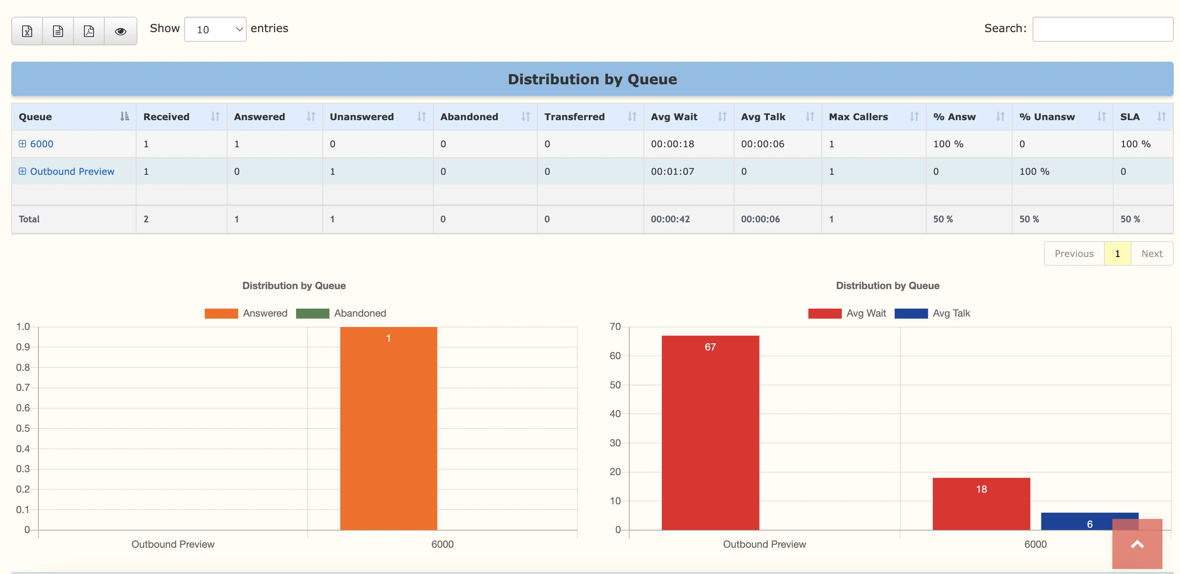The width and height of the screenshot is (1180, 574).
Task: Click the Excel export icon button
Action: (x=27, y=31)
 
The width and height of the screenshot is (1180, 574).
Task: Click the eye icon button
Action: (x=121, y=31)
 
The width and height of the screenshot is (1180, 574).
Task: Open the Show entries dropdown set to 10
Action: (x=215, y=29)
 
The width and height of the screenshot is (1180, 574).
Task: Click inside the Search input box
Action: (x=1102, y=29)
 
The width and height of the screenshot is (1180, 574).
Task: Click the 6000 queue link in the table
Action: (x=41, y=144)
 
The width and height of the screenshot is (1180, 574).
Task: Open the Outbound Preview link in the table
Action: (x=72, y=171)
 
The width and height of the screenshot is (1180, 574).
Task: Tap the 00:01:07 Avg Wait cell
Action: (x=672, y=171)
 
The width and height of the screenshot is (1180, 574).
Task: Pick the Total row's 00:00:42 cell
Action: (x=670, y=219)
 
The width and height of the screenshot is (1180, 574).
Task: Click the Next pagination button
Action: (x=1152, y=254)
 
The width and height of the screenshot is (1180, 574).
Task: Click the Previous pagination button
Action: (x=1074, y=254)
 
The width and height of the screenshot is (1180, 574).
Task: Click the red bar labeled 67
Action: (x=710, y=433)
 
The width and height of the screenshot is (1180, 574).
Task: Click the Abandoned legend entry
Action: (x=341, y=313)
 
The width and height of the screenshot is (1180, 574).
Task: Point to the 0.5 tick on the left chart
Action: (x=23, y=428)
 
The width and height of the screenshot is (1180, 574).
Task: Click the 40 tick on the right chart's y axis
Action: (x=615, y=414)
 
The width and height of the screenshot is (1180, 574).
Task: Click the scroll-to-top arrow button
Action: (x=1137, y=544)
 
